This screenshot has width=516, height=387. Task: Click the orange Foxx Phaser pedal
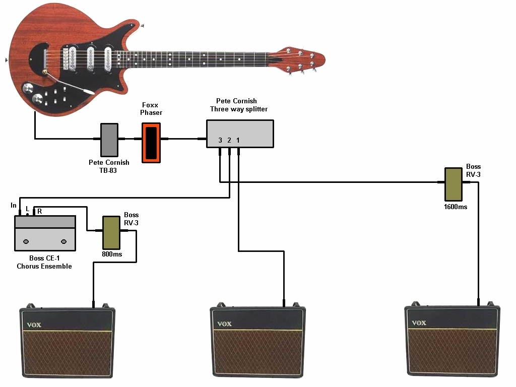151,142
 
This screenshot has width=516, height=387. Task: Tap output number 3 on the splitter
220,140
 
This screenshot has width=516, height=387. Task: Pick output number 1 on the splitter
238,140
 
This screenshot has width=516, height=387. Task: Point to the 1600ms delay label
455,207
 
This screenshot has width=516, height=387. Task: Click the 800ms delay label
111,254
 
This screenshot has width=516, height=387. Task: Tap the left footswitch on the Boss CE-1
28,242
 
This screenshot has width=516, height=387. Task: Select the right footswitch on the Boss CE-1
63,242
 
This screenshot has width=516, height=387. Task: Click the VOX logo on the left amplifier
34,325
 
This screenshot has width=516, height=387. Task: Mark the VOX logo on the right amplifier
419,322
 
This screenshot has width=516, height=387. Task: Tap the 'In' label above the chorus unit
13,205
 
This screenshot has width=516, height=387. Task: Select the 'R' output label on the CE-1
39,212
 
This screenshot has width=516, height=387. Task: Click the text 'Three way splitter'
239,109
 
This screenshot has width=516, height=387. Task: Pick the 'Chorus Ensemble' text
44,266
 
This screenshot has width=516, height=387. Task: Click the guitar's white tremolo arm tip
90,92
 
